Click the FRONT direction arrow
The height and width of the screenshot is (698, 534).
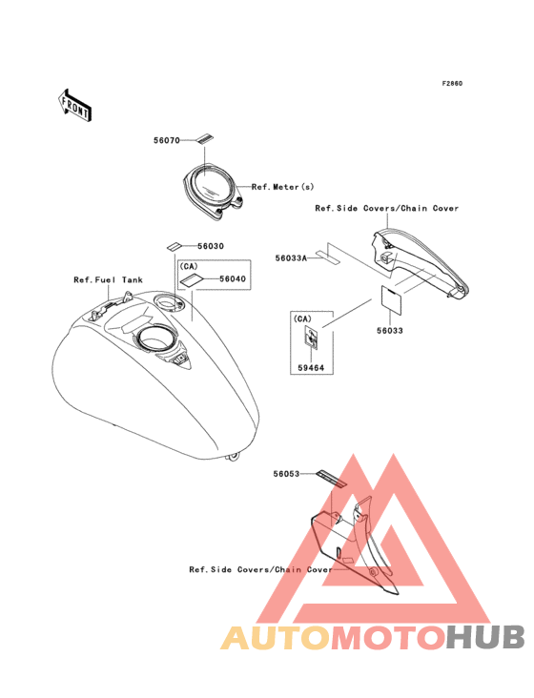coord(74,105)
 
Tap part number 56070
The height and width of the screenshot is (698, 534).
coord(167,141)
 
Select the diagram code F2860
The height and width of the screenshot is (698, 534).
coord(452,84)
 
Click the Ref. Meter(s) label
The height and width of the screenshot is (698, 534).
coord(282,187)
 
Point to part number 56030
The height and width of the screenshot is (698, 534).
coord(211,246)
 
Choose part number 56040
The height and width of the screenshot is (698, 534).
coord(233,279)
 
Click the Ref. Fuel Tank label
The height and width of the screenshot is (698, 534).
coord(108,280)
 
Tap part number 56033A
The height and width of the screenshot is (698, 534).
coord(291,258)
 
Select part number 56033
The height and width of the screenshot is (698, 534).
coord(390,331)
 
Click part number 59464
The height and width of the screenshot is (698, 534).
coord(311,368)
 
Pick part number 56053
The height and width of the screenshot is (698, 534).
coord(287,474)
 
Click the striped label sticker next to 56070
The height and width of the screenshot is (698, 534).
coord(204,139)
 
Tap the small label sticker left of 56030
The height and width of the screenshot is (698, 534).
coord(175,246)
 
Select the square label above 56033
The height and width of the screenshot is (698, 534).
coord(391,298)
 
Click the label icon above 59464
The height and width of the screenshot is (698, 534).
coord(311,336)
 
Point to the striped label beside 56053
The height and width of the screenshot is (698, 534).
coord(331,479)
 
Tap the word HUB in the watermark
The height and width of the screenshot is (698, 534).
coord(486,637)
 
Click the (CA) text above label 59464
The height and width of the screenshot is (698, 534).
coord(302,318)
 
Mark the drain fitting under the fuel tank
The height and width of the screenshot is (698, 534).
coord(233,457)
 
